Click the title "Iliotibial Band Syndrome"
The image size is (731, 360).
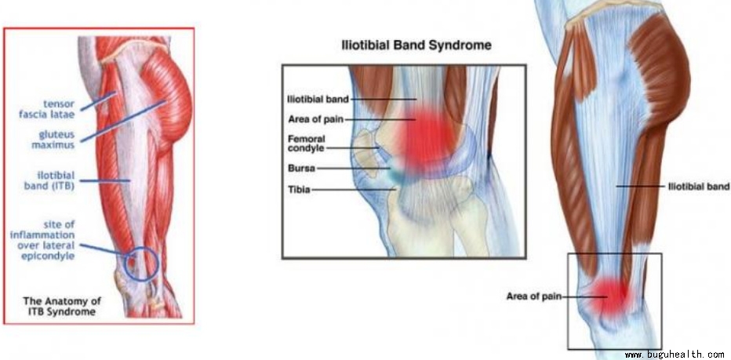click(x=416, y=45)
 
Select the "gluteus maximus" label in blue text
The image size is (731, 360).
click(x=53, y=140)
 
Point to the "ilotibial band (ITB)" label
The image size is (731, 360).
click(x=49, y=181)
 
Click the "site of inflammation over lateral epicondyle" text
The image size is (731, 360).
click(x=42, y=241)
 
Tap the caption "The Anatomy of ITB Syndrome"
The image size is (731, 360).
click(x=62, y=307)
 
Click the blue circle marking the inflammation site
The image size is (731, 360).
click(x=142, y=264)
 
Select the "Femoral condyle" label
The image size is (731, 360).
click(x=307, y=144)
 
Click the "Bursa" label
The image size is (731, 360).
click(x=302, y=169)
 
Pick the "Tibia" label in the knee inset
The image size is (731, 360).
click(x=299, y=190)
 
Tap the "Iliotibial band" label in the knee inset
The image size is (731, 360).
click(x=318, y=99)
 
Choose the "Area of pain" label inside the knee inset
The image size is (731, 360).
click(x=315, y=119)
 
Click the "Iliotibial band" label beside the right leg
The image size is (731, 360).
click(x=698, y=187)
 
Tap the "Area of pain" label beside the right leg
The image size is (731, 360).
click(x=534, y=296)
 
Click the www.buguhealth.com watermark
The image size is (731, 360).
click(x=674, y=355)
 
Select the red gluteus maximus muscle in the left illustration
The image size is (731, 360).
click(x=167, y=100)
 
